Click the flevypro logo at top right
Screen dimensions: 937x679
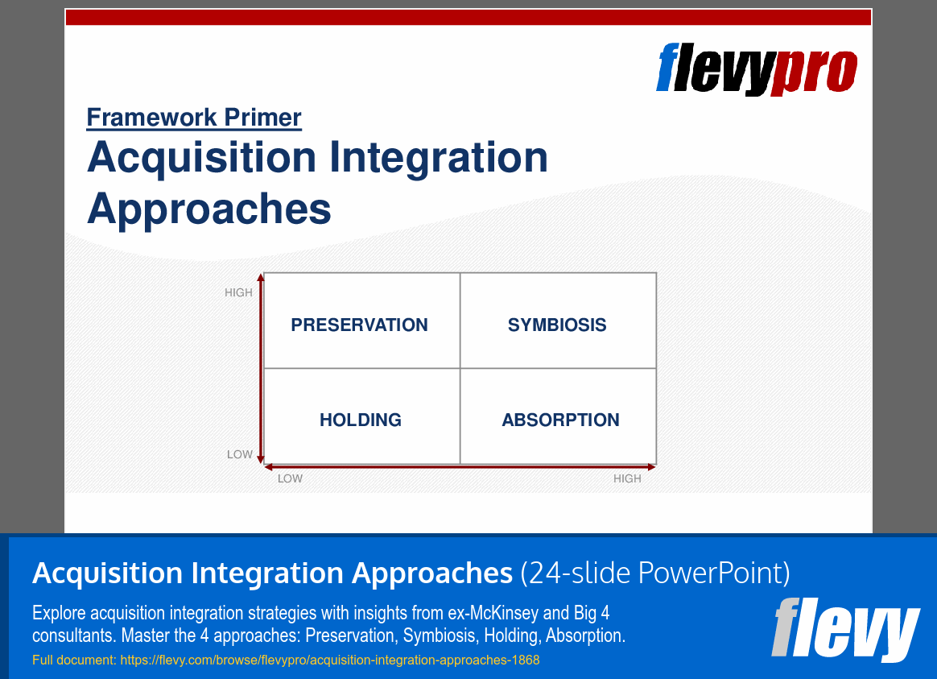click(x=757, y=68)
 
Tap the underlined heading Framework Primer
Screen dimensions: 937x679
click(x=194, y=118)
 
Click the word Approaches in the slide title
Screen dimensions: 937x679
click(x=209, y=209)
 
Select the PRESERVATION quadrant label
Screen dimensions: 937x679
click(x=359, y=325)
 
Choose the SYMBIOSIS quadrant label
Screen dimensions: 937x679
click(x=557, y=325)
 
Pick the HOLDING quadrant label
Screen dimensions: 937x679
click(x=361, y=420)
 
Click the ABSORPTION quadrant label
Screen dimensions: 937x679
click(x=560, y=420)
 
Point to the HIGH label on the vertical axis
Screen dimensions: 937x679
click(x=238, y=292)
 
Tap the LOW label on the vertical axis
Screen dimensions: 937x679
click(x=240, y=454)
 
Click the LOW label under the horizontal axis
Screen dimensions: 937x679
click(x=290, y=478)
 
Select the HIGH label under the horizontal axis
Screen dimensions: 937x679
click(x=627, y=478)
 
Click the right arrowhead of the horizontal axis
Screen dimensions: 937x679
click(x=652, y=467)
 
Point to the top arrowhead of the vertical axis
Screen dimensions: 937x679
click(x=261, y=277)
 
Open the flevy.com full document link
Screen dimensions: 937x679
click(x=330, y=660)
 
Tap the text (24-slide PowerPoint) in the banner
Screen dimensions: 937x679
click(x=655, y=573)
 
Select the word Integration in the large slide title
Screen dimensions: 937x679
click(x=438, y=158)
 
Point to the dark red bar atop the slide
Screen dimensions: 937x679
click(x=468, y=18)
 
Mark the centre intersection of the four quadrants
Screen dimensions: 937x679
click(x=460, y=368)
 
